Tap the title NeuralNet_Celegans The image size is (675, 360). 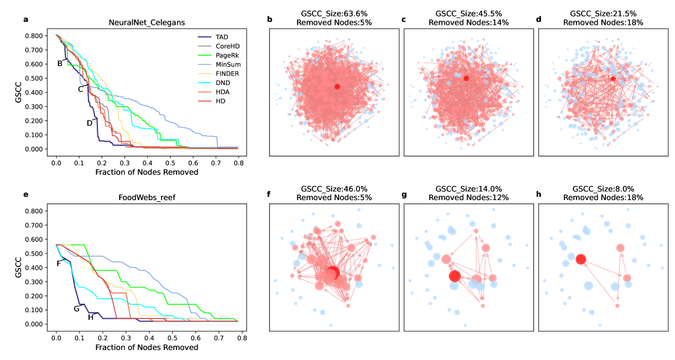(x=147, y=22)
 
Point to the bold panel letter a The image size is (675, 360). (x=26, y=19)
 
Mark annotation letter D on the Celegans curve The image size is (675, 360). (x=90, y=123)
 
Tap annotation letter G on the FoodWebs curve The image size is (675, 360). (x=76, y=308)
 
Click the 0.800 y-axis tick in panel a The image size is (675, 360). (x=32, y=35)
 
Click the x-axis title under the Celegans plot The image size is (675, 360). (x=147, y=172)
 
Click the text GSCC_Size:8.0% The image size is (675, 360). (x=604, y=189)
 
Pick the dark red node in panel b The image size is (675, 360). (x=337, y=87)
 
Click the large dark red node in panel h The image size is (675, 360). (x=581, y=259)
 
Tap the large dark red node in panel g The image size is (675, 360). (x=454, y=276)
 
